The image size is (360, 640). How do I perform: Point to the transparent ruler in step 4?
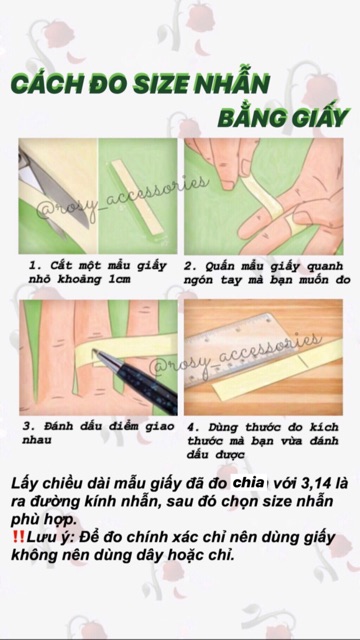(265, 351)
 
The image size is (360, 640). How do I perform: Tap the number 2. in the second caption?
(190, 267)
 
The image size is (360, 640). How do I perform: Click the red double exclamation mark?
(17, 536)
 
